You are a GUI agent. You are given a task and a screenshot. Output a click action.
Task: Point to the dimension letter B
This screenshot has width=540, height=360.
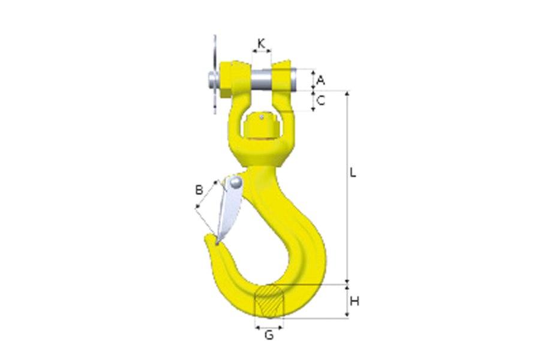coord(199,190)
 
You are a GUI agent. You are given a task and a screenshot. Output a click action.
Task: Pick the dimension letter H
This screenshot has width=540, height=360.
coord(354,301)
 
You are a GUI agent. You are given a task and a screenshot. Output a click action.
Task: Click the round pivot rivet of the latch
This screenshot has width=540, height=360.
coord(236,181)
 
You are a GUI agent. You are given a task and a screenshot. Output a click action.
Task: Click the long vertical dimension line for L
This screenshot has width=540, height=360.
coord(346,186)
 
